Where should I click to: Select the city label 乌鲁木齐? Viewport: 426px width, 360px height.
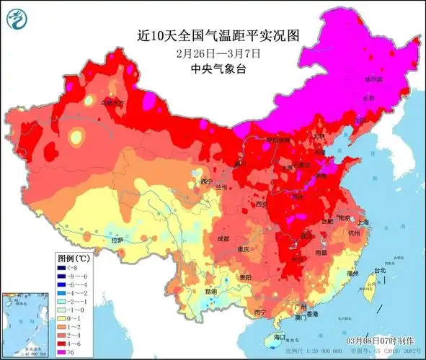pos(112,104)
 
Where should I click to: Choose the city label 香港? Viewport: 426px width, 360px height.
pos(311,315)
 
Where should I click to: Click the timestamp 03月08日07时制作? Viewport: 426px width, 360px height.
pos(380,340)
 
